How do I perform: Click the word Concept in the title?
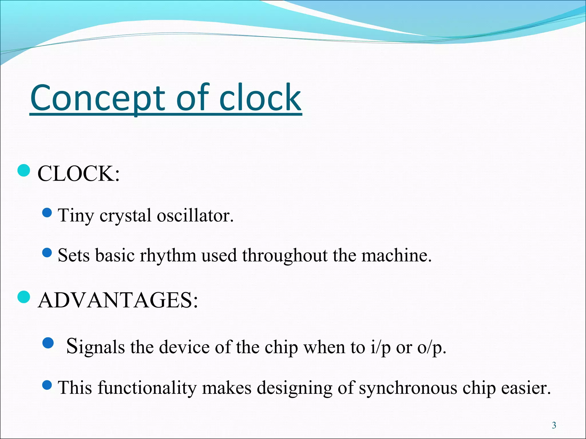point(97,98)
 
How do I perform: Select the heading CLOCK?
point(78,174)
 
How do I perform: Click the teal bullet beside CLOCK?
point(24,171)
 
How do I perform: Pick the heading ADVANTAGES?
point(118,300)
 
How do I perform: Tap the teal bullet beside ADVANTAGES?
point(24,297)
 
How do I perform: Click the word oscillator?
point(195,215)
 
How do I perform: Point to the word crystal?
point(125,216)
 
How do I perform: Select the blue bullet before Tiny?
point(47,212)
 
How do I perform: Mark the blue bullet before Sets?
point(47,252)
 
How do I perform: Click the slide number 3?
point(554,426)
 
